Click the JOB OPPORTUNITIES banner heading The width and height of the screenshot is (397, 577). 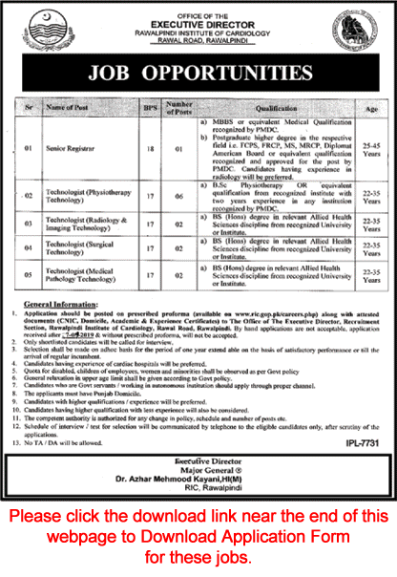(198, 73)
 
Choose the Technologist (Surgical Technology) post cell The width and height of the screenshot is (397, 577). (88, 248)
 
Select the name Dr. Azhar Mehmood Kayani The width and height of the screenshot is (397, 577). (198, 489)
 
